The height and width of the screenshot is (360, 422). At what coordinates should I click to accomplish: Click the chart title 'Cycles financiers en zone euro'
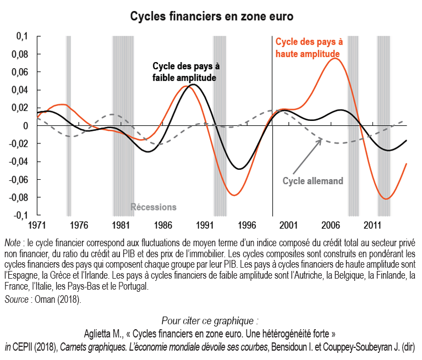[211, 16]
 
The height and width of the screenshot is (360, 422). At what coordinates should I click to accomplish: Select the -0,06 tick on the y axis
[18, 180]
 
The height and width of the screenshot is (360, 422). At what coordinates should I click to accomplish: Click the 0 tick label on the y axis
[25, 126]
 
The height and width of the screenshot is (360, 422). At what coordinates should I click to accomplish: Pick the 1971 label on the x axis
[37, 225]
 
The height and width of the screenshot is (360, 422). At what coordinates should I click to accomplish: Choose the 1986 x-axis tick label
[162, 225]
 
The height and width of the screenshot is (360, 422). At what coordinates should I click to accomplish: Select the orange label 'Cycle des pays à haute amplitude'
[309, 47]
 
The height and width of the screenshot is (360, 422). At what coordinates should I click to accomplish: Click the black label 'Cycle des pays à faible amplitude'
[185, 72]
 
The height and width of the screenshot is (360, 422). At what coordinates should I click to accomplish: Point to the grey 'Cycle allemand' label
[313, 181]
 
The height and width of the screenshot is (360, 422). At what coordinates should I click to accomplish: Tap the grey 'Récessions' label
[154, 207]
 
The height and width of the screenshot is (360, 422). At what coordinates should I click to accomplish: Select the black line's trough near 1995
[239, 169]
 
